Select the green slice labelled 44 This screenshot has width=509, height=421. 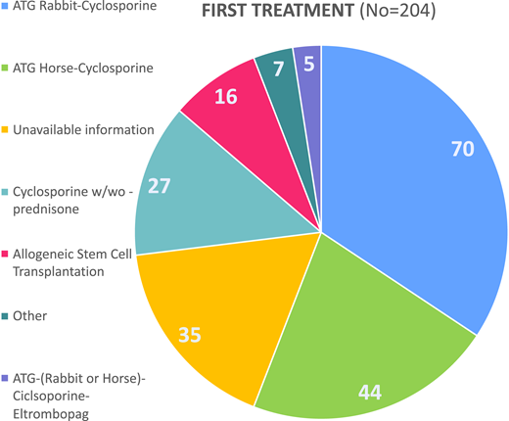coord(362,343)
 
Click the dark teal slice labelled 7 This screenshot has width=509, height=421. coord(282,70)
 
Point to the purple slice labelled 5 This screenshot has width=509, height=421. coord(308,65)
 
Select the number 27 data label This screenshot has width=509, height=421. coord(160,187)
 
